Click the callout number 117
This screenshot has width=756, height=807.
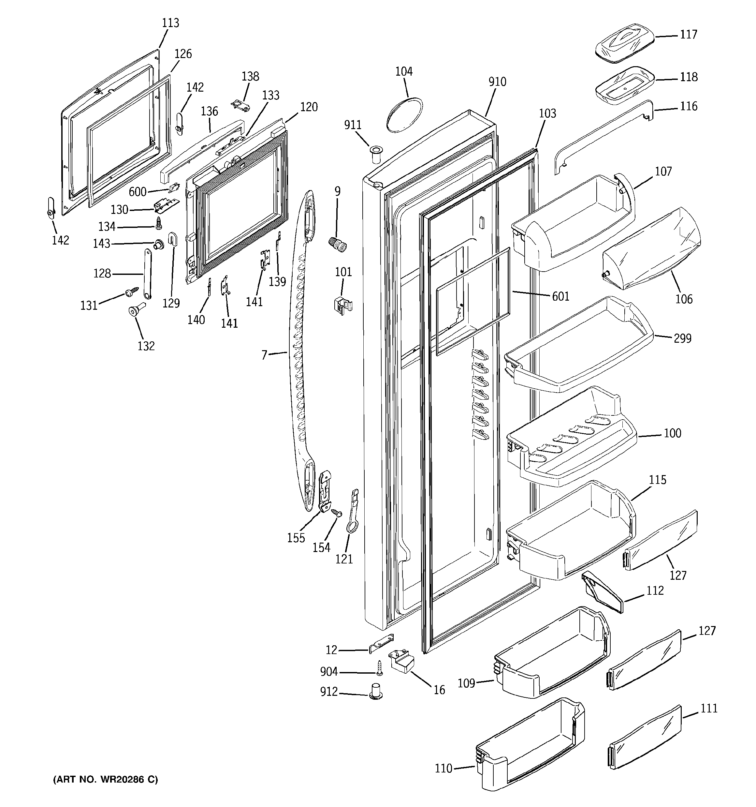pos(688,35)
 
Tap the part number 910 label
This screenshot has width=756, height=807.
pos(497,82)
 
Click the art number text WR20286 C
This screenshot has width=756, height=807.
pos(106,779)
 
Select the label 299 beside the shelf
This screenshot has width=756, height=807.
pos(683,338)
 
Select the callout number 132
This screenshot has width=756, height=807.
pos(146,346)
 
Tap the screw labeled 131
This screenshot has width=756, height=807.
pos(132,290)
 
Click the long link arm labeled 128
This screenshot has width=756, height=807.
pos(147,275)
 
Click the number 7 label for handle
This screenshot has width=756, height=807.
pos(264,355)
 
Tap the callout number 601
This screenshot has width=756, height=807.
pos(560,297)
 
